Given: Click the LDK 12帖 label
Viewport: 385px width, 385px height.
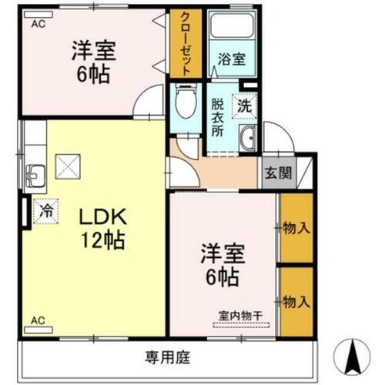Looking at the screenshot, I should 99,229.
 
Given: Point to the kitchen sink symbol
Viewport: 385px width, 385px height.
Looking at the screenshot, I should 35,174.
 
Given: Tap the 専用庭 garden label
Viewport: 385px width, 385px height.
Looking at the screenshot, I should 166,357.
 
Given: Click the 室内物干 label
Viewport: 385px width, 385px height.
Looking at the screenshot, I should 240,315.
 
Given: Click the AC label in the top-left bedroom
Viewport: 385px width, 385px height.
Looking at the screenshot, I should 37,25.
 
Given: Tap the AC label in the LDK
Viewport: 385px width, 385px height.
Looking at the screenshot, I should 37,319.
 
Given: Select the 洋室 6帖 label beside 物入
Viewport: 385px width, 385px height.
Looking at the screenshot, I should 219,263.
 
